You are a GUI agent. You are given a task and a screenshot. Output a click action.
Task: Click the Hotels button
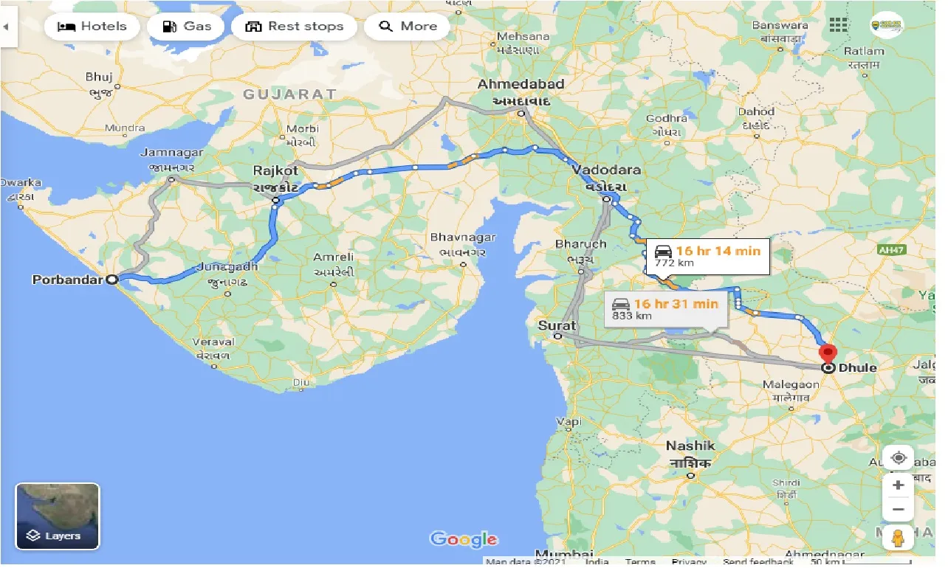[92, 27]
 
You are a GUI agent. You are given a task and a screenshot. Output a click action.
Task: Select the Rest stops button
[294, 27]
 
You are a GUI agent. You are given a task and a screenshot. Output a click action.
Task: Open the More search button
[408, 27]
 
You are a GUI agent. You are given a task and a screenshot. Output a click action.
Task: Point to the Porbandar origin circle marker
[111, 280]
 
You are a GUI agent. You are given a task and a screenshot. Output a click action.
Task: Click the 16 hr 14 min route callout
[707, 257]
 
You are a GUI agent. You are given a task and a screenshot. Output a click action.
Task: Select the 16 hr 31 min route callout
[664, 308]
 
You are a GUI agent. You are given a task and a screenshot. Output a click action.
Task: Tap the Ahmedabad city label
[521, 84]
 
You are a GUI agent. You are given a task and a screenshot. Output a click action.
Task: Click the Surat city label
[557, 325]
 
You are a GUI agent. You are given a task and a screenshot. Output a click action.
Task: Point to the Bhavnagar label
[463, 238]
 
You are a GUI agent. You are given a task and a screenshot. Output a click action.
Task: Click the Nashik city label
[690, 446]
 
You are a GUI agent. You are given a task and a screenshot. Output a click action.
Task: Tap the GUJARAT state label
[290, 94]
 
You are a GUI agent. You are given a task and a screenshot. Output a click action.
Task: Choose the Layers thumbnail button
[58, 516]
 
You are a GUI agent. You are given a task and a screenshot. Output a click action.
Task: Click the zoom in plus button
[898, 485]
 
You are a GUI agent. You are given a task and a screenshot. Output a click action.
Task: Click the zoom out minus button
[898, 509]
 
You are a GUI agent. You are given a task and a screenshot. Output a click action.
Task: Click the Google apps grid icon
[838, 25]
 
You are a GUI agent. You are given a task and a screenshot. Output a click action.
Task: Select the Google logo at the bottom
[464, 539]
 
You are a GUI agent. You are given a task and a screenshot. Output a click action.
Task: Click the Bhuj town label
[98, 76]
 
